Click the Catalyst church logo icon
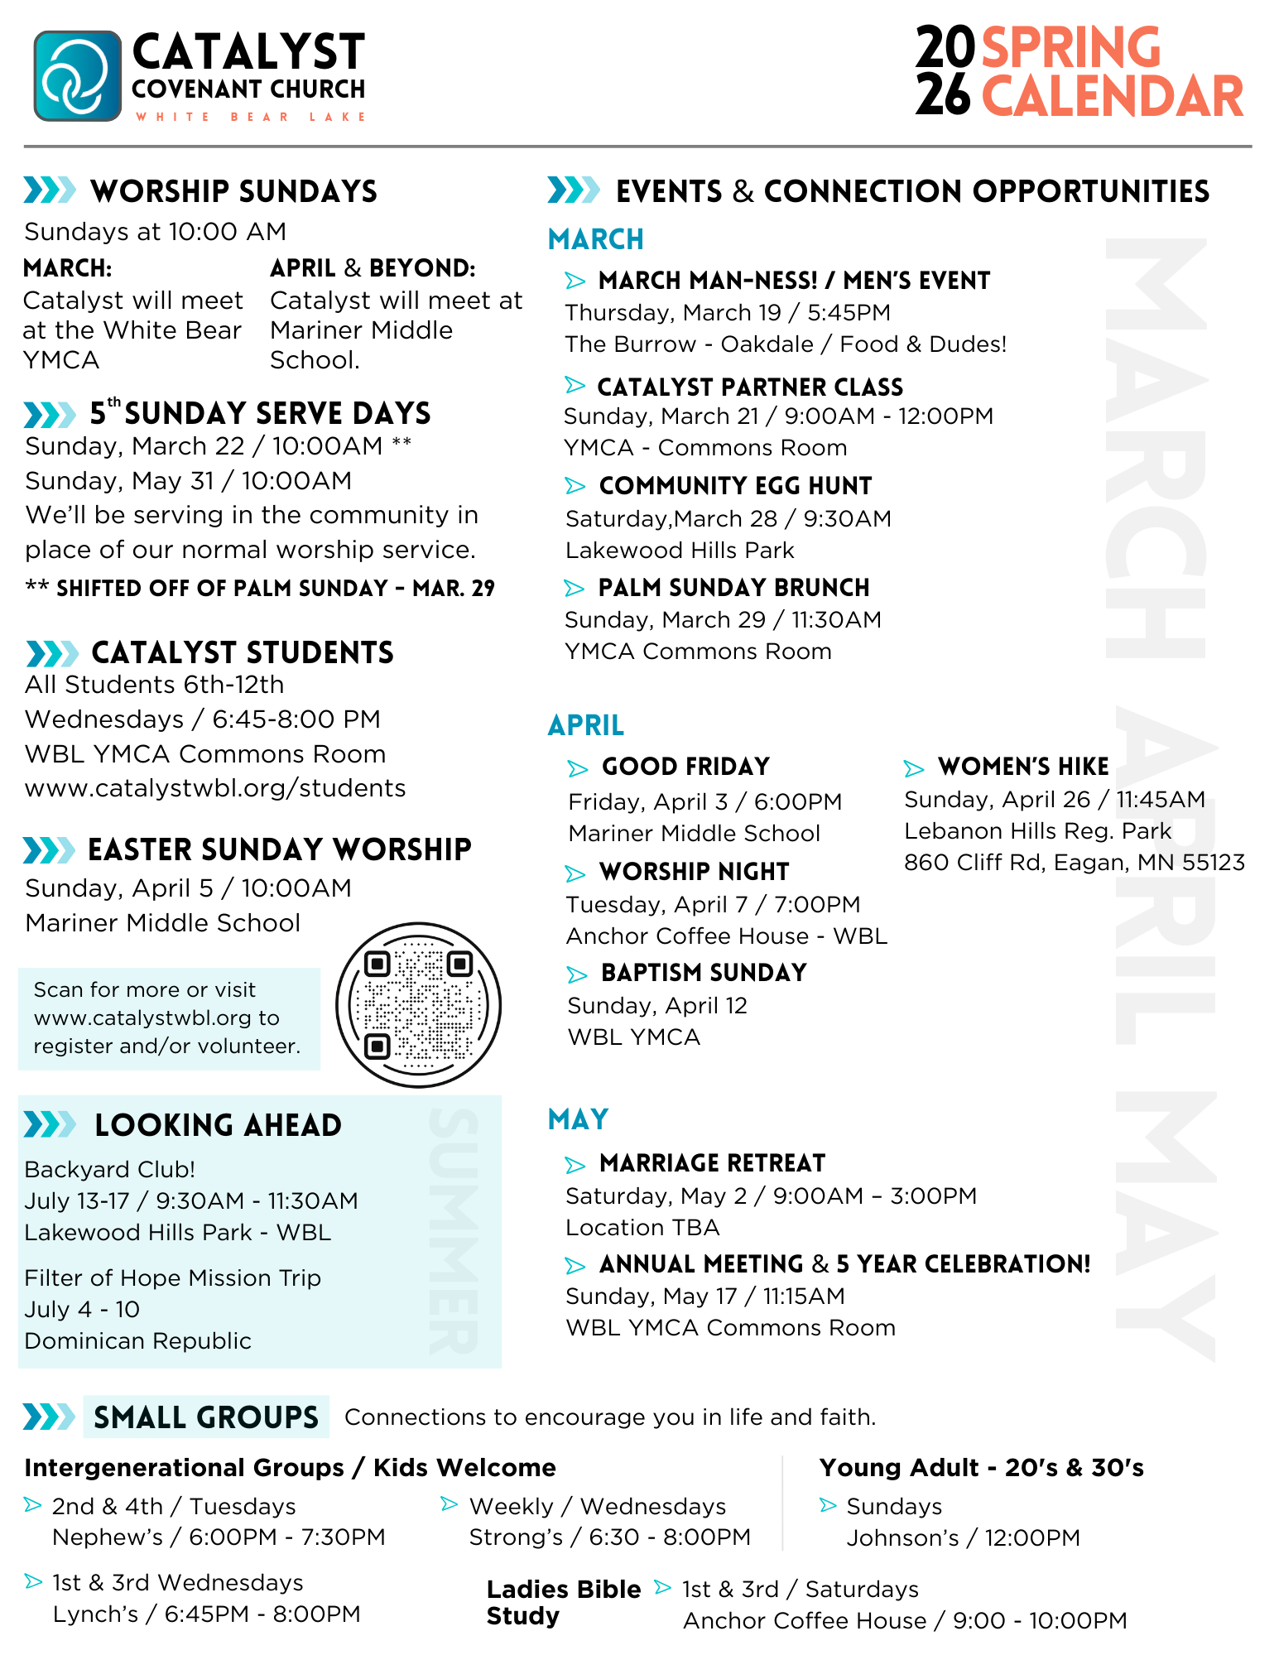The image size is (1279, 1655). (78, 76)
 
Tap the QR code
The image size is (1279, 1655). (418, 1005)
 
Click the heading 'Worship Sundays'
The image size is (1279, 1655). (233, 191)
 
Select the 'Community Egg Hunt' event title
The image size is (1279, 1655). (735, 486)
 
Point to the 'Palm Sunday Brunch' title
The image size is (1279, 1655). (733, 588)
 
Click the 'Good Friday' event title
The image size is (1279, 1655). (685, 767)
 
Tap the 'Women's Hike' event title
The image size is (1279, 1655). (1023, 767)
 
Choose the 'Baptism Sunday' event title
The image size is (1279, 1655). (704, 973)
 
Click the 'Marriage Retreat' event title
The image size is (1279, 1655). (712, 1163)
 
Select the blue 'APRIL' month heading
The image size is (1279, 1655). (586, 725)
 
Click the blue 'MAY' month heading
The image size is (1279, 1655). (579, 1119)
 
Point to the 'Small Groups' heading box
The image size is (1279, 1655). (206, 1417)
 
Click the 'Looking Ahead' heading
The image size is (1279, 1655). (218, 1125)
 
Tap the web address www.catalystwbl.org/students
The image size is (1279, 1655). (215, 788)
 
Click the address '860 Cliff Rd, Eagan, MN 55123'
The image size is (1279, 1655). (1074, 863)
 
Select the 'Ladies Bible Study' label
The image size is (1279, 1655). (563, 1603)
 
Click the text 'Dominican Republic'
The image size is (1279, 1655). (137, 1341)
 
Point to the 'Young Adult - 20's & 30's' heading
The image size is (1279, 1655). (981, 1468)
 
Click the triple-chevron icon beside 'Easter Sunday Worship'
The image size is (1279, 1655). (49, 850)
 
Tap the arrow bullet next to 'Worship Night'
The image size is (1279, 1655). (575, 873)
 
